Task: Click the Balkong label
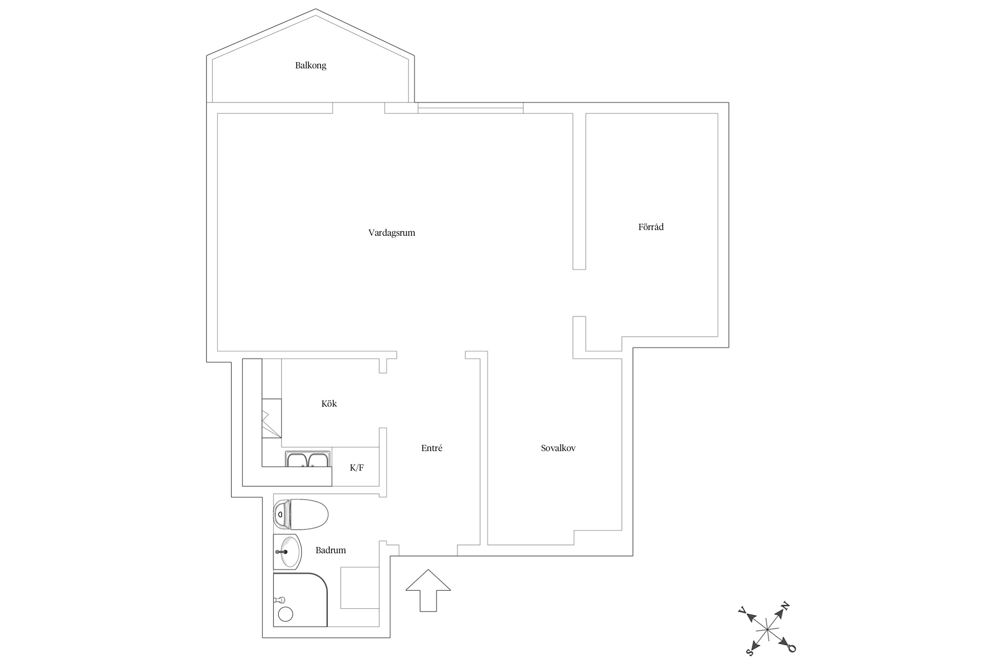[x=311, y=65]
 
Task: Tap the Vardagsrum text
[x=392, y=233]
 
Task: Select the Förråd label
[x=651, y=227]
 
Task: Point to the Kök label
[x=329, y=404]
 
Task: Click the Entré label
[x=432, y=448]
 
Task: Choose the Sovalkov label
[x=558, y=448]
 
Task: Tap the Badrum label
[x=331, y=550]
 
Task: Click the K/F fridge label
[x=357, y=468]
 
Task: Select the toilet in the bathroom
[x=301, y=515]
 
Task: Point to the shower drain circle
[x=285, y=614]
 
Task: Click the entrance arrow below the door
[x=428, y=591]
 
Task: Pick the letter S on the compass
[x=750, y=652]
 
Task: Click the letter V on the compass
[x=741, y=610]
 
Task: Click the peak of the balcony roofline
[x=316, y=9]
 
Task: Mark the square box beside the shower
[x=360, y=588]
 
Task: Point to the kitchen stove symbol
[x=271, y=418]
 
